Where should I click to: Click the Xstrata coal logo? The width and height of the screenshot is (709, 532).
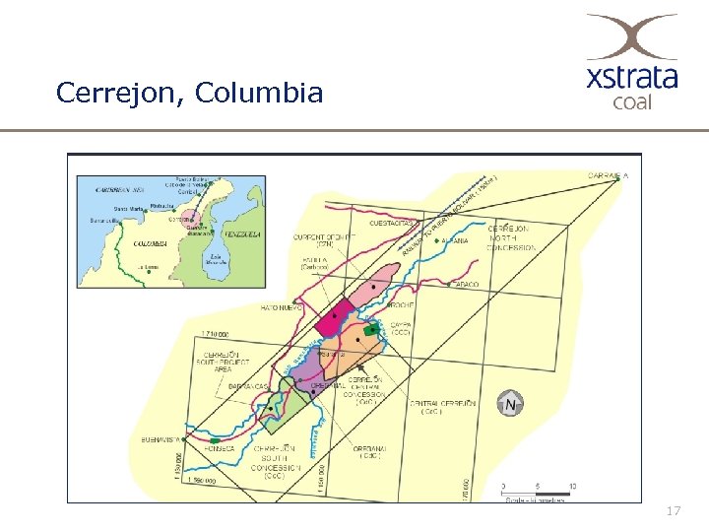[x=631, y=61]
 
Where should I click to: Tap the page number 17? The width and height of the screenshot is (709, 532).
[x=674, y=511]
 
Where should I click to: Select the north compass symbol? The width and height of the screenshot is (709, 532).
[x=511, y=403]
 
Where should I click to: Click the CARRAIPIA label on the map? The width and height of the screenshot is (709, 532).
[x=609, y=175]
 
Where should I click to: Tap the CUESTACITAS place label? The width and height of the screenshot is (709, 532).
[x=389, y=224]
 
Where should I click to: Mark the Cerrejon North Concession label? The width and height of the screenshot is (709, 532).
[x=513, y=237]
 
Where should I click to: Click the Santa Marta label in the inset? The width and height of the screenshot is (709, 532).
[x=129, y=209]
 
